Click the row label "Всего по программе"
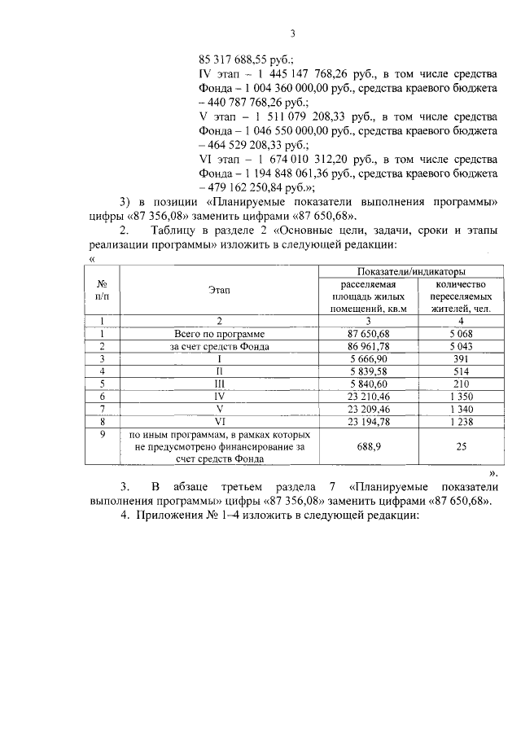pos(219,333)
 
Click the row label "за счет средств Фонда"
pos(219,345)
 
